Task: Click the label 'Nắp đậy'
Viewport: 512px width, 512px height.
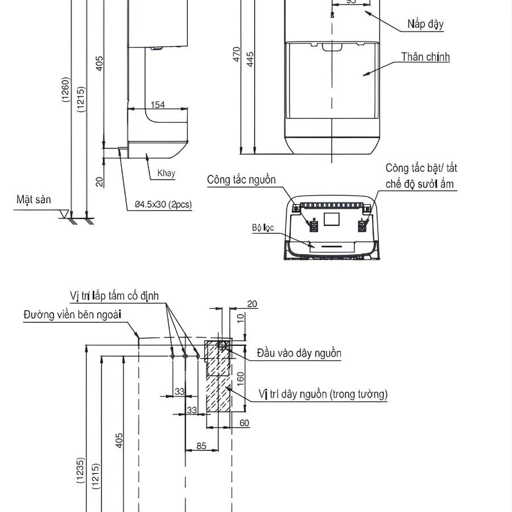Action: point(426,24)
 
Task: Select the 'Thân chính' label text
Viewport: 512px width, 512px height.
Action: point(425,57)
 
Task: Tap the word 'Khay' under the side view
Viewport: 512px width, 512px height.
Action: point(166,174)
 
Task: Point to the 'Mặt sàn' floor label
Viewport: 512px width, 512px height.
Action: point(34,200)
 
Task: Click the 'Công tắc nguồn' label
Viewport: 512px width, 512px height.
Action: point(241,180)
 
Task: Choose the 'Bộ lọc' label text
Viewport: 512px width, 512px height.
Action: point(263,228)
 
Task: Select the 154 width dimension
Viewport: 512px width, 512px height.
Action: point(158,104)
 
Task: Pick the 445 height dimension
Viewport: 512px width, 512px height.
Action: point(250,59)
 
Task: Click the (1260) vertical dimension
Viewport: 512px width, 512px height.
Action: point(66,89)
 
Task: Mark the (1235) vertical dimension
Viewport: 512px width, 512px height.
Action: point(81,470)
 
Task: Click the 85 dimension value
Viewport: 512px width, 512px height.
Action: point(201,446)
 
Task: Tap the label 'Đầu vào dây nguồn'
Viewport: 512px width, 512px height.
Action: point(299,353)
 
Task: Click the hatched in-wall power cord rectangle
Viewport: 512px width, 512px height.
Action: point(218,384)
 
